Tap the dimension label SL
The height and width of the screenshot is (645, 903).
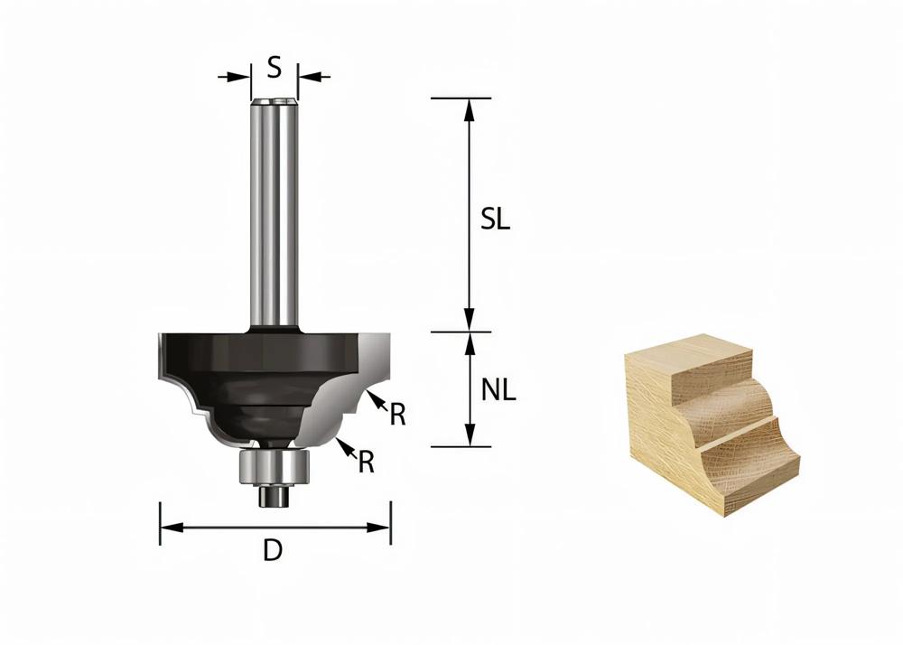[495, 220]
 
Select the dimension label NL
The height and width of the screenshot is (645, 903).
[498, 390]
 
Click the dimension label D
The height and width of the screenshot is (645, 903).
[273, 550]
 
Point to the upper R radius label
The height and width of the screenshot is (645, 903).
[397, 415]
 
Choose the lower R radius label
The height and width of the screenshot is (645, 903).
[366, 462]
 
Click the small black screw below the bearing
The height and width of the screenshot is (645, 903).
[269, 496]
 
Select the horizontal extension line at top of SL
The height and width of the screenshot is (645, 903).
[461, 97]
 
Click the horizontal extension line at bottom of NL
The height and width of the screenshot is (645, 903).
[461, 446]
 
